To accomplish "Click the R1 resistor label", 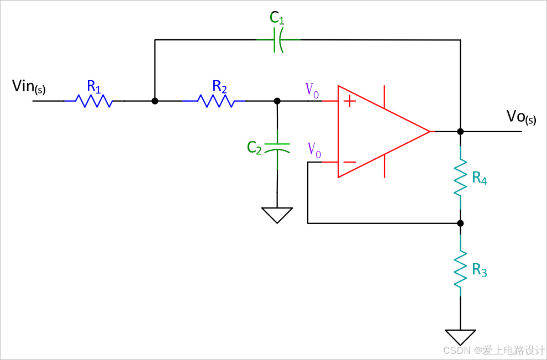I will [x=94, y=87].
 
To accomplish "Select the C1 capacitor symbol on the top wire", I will [x=278, y=40].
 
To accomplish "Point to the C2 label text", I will [x=254, y=148].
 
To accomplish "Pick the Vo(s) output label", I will [x=521, y=117].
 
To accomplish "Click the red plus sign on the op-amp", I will [x=350, y=101].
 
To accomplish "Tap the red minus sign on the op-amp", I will [x=349, y=163].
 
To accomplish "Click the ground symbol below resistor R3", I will [x=460, y=336].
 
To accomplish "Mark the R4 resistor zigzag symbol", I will [x=460, y=177].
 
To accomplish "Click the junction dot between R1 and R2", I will [x=155, y=101].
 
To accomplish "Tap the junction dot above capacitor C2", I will [x=277, y=101].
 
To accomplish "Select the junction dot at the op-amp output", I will [x=460, y=132].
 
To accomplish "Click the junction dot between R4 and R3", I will [x=460, y=223].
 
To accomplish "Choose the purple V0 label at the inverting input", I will [x=314, y=149].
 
